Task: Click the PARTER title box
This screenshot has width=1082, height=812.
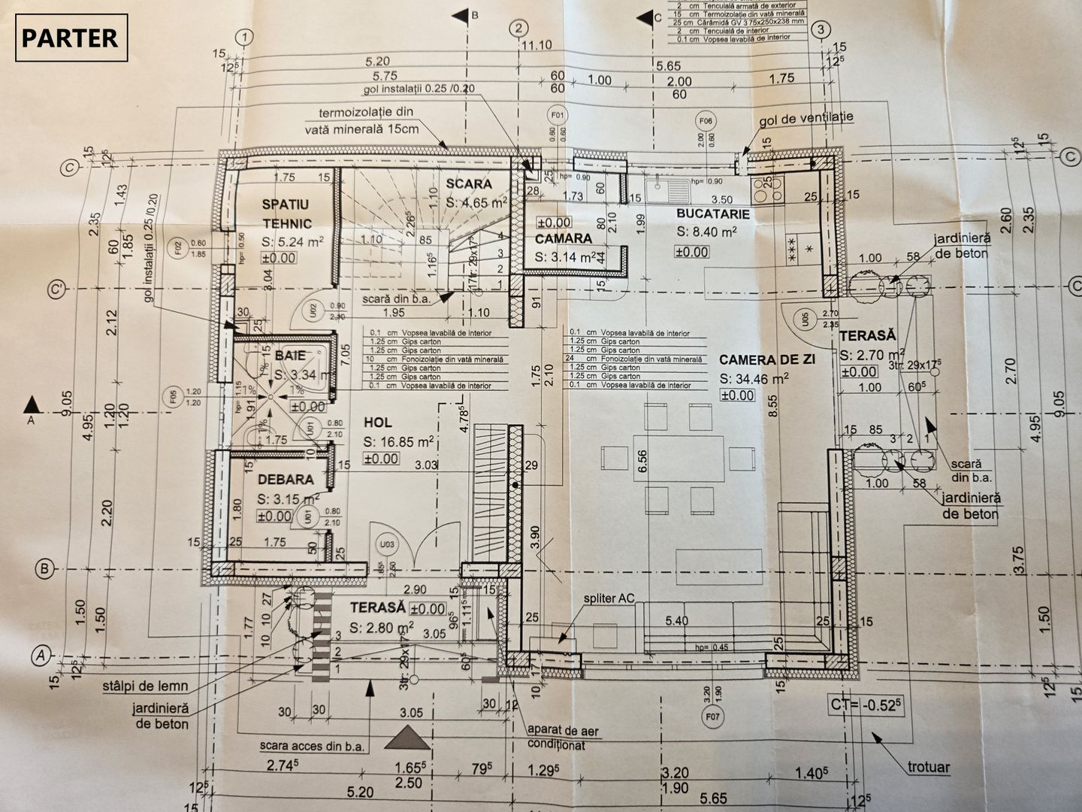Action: point(71,38)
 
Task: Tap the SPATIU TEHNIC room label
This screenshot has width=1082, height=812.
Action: point(286,214)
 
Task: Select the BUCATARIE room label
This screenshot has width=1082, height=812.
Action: point(713,214)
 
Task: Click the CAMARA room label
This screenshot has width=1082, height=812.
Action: point(564,238)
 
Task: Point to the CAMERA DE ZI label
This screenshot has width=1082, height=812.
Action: point(767,359)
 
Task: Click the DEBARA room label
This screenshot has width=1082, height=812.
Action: point(285,479)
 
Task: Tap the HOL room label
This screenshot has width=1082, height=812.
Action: point(376,423)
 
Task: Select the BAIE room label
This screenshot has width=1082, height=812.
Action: point(289,355)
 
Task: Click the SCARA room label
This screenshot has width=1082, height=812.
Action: point(468,183)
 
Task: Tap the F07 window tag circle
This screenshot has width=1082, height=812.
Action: point(712,717)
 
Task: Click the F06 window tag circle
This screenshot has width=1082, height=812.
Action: point(705,121)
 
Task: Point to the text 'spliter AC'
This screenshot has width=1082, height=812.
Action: point(609,598)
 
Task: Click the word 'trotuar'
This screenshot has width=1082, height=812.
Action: point(929,767)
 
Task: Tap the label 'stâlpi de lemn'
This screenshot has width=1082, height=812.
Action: point(147,686)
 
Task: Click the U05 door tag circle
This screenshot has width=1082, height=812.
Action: point(804,320)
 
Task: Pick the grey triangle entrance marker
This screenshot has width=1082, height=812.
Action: point(407,739)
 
